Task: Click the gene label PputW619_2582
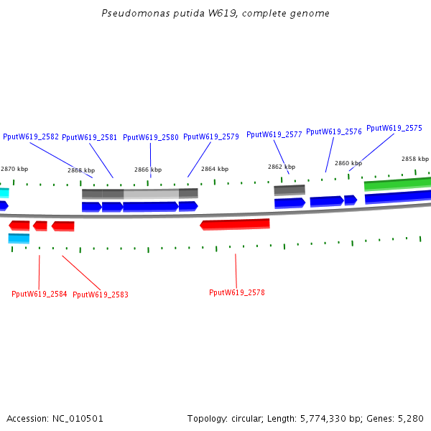point(31,136)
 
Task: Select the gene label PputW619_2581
point(90,137)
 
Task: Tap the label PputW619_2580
point(151,137)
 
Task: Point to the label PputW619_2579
point(211,136)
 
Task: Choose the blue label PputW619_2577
point(274,134)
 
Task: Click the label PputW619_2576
point(334,131)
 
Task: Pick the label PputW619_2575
point(394,128)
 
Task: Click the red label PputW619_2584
point(40,294)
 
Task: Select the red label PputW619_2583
point(101,295)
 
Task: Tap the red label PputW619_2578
point(237,292)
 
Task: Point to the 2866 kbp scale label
point(148,170)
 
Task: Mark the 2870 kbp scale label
point(14,169)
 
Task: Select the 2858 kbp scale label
point(414,159)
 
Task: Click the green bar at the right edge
point(397,184)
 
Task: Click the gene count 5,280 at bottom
point(411,418)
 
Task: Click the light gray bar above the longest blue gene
point(151,193)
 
